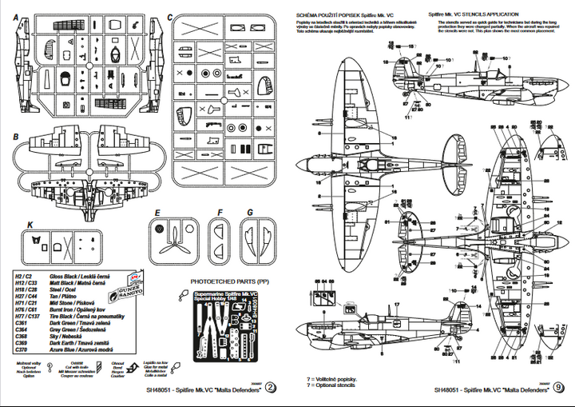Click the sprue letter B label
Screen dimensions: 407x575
coord(16,138)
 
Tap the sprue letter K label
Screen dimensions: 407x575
coord(30,225)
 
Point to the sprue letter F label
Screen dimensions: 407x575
coord(220,213)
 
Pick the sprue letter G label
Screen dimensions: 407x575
coord(250,213)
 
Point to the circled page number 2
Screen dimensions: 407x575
coord(272,389)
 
